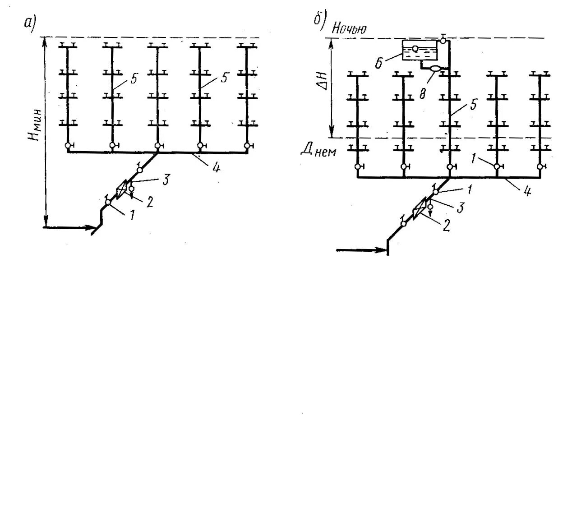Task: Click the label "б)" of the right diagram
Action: coord(319,20)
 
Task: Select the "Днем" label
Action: coord(318,151)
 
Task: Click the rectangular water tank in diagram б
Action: coord(420,50)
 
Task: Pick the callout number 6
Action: coord(378,63)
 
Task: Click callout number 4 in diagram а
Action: coord(216,168)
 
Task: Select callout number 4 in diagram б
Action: coord(526,192)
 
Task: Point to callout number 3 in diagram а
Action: coord(166,180)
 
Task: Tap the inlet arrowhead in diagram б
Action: coord(381,249)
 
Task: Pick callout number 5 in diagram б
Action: coord(473,105)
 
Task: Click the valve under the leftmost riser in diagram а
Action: coord(68,146)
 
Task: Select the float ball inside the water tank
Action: coord(415,48)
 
